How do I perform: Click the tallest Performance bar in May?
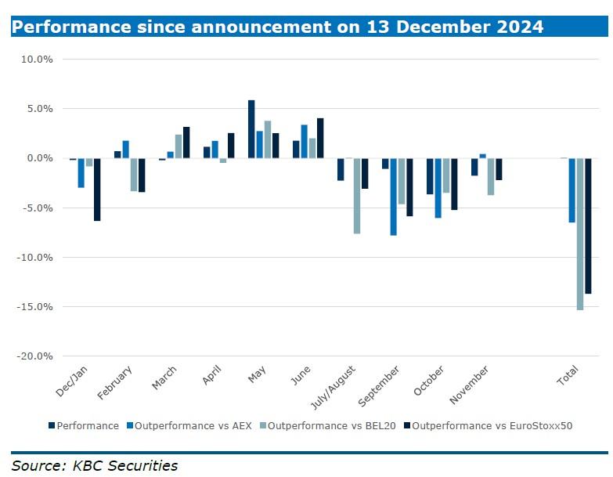[251, 129]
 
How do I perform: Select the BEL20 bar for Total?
[579, 234]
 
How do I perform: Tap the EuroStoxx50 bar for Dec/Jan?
[97, 190]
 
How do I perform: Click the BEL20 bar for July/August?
[357, 196]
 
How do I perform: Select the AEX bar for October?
[438, 188]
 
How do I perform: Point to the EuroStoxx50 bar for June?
[320, 139]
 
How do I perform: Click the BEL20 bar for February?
[134, 175]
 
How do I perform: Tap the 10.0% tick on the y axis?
[37, 60]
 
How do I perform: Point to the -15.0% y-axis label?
[34, 307]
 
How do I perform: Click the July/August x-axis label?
[336, 385]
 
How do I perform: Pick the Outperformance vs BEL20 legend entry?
[330, 426]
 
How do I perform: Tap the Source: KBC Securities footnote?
[95, 466]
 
